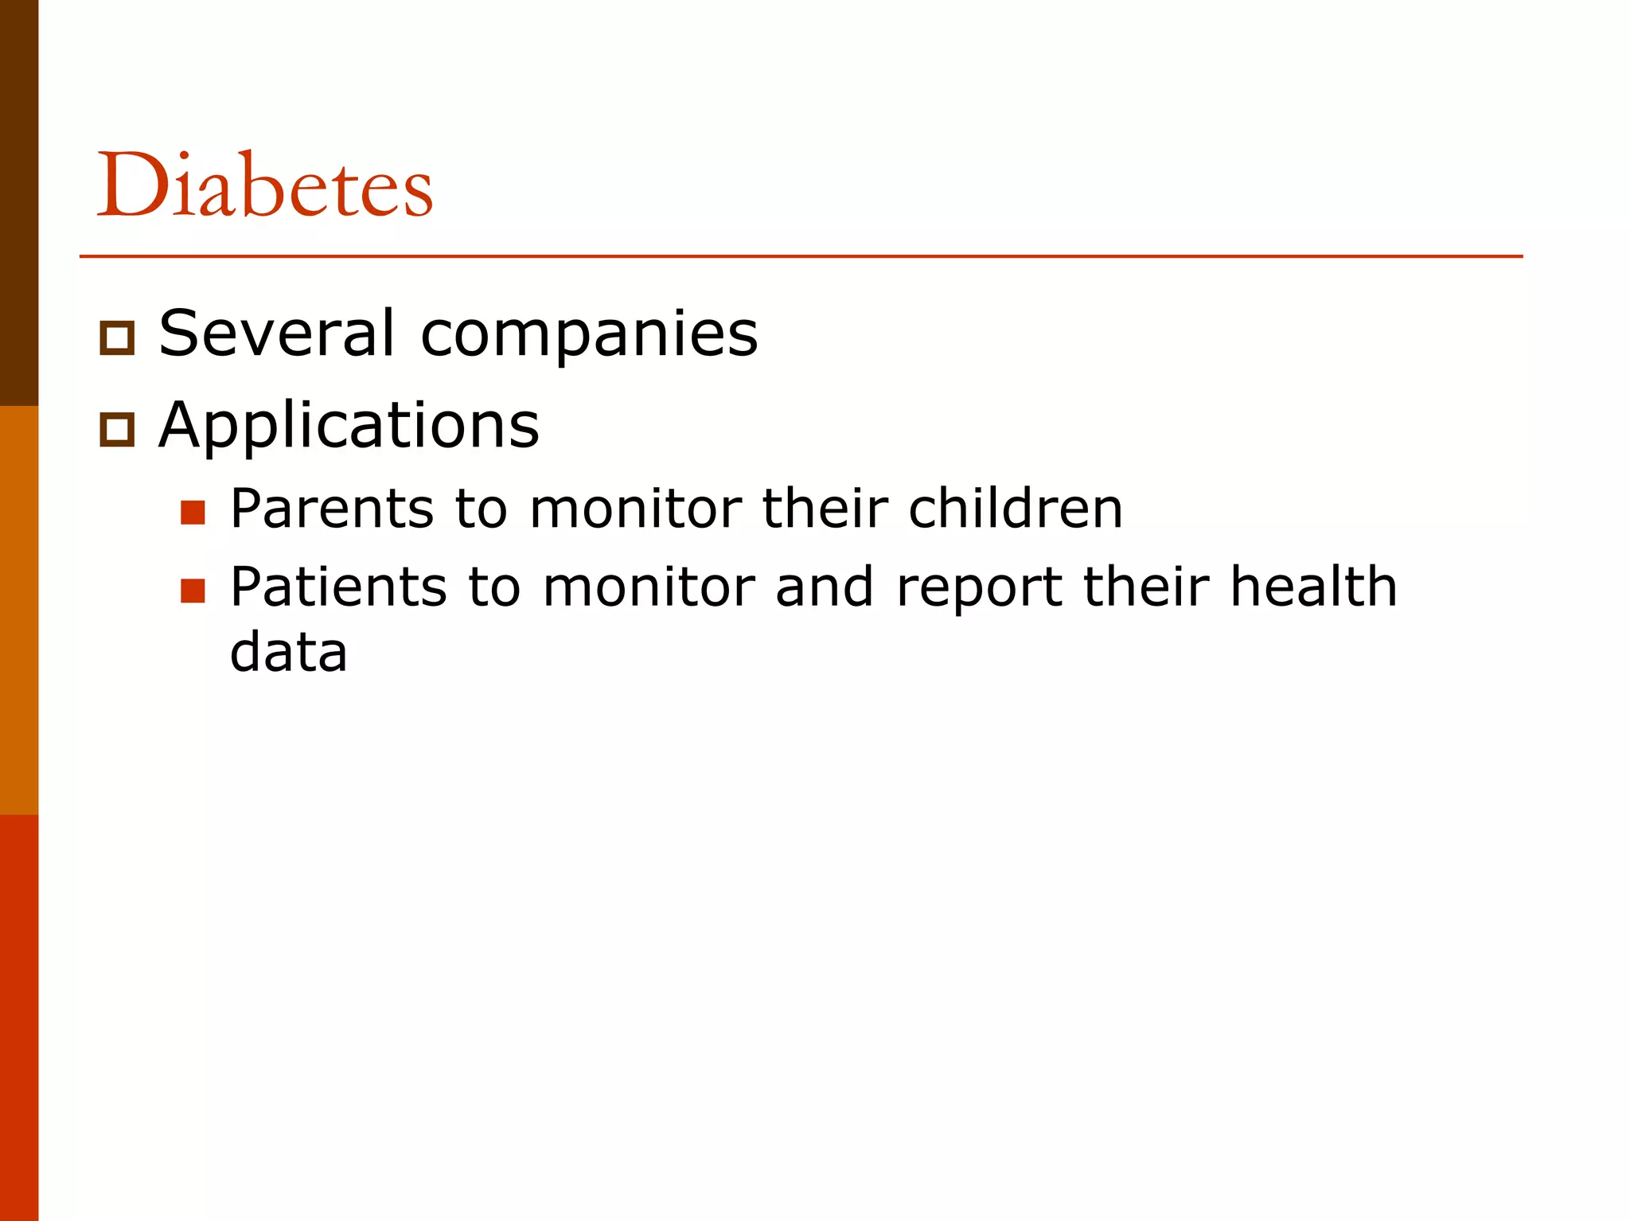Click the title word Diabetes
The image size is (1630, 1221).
point(265,185)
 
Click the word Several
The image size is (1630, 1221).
point(276,333)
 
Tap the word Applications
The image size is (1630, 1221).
point(349,427)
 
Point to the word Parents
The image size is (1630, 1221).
point(332,509)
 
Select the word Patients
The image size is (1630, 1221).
point(338,587)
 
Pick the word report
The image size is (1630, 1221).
point(979,589)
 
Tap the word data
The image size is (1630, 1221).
point(288,652)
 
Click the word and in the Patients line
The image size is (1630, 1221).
point(824,587)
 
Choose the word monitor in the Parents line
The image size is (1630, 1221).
point(635,509)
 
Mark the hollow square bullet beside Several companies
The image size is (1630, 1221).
point(117,338)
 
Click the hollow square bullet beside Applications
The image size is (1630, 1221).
point(117,430)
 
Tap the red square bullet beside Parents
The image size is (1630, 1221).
point(193,513)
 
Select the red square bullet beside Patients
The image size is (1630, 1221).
point(193,591)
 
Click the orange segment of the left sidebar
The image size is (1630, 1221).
point(19,610)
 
